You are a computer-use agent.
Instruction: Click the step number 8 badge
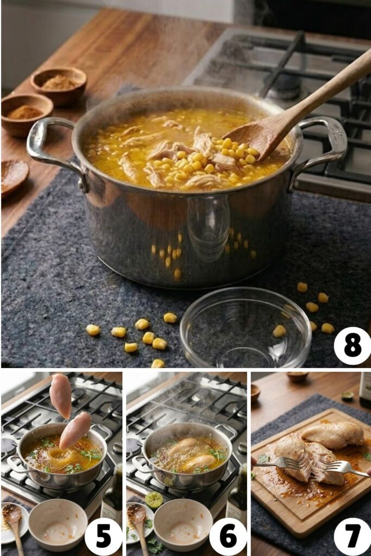click(x=352, y=346)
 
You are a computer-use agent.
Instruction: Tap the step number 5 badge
click(x=103, y=536)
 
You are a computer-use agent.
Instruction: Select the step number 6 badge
click(x=228, y=536)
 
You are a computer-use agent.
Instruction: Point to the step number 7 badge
click(x=352, y=536)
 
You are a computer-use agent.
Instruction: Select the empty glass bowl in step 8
click(x=246, y=329)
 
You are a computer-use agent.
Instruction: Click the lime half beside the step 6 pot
click(x=154, y=500)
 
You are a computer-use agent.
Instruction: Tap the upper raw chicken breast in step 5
click(x=60, y=395)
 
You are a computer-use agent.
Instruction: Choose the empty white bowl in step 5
click(x=58, y=524)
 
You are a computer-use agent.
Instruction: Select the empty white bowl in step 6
click(x=183, y=524)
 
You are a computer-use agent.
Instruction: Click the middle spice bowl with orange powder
click(x=26, y=113)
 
